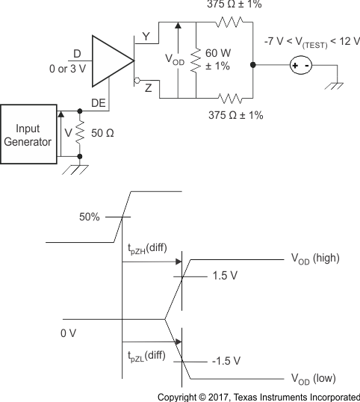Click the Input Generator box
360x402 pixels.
point(28,134)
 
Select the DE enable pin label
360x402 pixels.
point(98,102)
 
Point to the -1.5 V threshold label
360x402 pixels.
point(225,361)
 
